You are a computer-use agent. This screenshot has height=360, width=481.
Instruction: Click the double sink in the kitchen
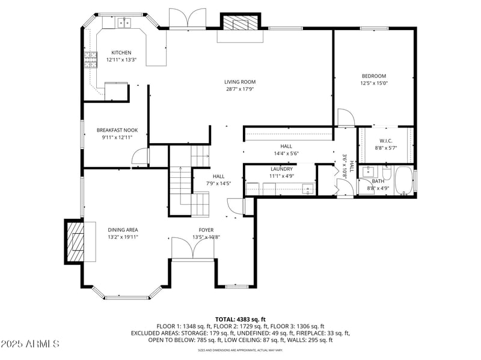tap(124, 23)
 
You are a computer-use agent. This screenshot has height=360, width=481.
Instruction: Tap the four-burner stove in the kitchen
tap(90, 60)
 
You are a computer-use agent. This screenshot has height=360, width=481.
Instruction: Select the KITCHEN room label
tap(121, 53)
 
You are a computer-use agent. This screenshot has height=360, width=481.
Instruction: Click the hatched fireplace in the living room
tap(240, 23)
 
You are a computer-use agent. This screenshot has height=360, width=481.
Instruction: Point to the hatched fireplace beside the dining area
tap(75, 241)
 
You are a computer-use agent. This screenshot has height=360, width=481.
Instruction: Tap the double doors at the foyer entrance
tap(189, 248)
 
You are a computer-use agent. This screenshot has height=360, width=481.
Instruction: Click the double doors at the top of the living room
tap(188, 19)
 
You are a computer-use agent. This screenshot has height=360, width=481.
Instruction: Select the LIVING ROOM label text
tap(240, 82)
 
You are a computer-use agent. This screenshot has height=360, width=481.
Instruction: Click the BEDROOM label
tap(373, 76)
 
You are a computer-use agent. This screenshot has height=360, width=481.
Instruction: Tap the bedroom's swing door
tap(346, 118)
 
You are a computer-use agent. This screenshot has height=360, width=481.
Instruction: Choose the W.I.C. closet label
tap(385, 141)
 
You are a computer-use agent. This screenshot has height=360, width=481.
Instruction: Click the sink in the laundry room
tap(308, 189)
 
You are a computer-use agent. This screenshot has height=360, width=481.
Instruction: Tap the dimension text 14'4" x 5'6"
tap(286, 153)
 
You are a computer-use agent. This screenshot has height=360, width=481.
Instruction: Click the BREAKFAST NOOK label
tap(117, 130)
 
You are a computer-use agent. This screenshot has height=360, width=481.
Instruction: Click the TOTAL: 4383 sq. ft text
tap(240, 319)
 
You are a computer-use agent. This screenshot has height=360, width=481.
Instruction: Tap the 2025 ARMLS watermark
tap(30, 344)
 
